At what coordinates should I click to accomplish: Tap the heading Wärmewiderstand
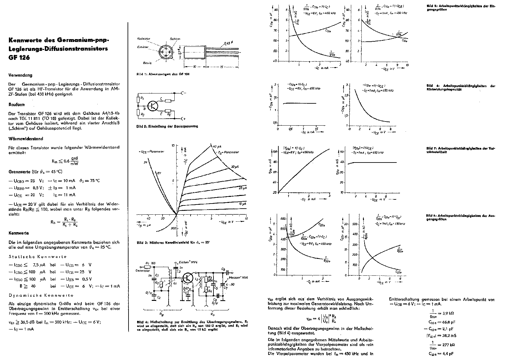[26, 139]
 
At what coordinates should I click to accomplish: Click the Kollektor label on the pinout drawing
[143, 38]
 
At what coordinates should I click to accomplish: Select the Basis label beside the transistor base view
[147, 63]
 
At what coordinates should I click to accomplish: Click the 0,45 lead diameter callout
[228, 43]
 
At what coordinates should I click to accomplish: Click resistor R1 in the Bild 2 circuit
[138, 99]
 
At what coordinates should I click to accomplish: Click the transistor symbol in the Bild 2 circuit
[153, 106]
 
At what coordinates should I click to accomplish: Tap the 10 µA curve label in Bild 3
[243, 203]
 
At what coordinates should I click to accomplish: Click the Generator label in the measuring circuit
[142, 271]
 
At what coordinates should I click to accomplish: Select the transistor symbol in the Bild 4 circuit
[188, 278]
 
